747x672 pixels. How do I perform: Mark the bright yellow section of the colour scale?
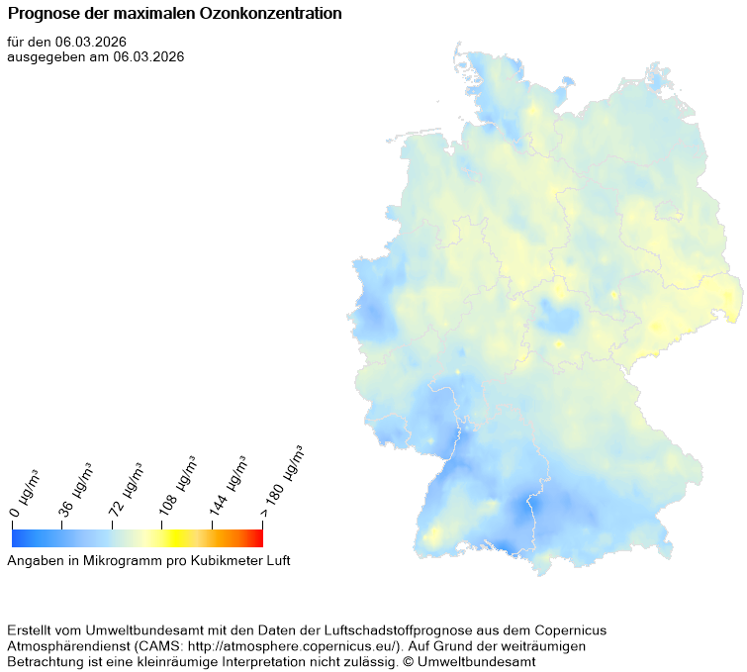pos(168,537)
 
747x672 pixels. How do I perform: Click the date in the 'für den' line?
pos(91,42)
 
